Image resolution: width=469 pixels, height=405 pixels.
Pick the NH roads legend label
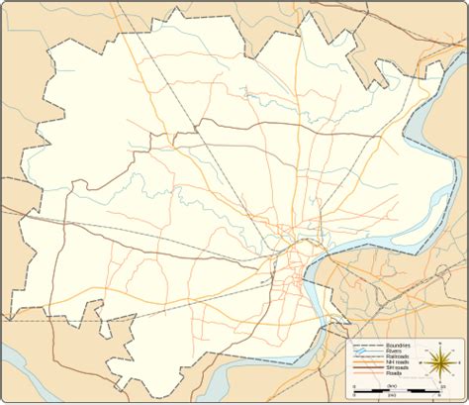397,360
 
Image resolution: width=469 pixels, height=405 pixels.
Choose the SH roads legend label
397,366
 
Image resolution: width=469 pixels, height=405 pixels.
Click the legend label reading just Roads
394,372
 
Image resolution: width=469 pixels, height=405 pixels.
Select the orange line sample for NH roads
368,360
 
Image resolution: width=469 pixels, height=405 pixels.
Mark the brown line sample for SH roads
368,366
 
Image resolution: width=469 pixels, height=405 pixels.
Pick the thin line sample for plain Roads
368,372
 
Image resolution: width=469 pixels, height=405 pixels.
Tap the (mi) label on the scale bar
391,395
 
